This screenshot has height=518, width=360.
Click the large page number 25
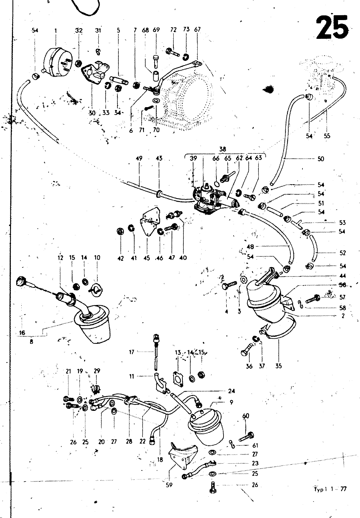point(333,28)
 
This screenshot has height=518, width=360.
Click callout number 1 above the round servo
point(56,30)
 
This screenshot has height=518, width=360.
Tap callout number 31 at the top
point(98,30)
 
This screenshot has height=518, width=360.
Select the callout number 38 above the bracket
point(223,149)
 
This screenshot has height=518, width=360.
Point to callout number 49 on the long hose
point(140,159)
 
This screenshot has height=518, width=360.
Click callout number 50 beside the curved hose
point(321,159)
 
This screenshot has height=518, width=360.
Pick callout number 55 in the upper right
point(327,136)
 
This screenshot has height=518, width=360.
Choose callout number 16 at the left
point(22,332)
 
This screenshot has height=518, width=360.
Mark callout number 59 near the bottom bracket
point(169,485)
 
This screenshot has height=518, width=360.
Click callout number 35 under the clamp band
point(278,366)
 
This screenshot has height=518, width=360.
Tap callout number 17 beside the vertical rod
point(132,352)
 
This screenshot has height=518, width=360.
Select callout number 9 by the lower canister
point(231,403)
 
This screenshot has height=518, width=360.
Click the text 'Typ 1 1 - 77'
point(330,489)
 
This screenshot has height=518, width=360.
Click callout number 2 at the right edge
point(343,316)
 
